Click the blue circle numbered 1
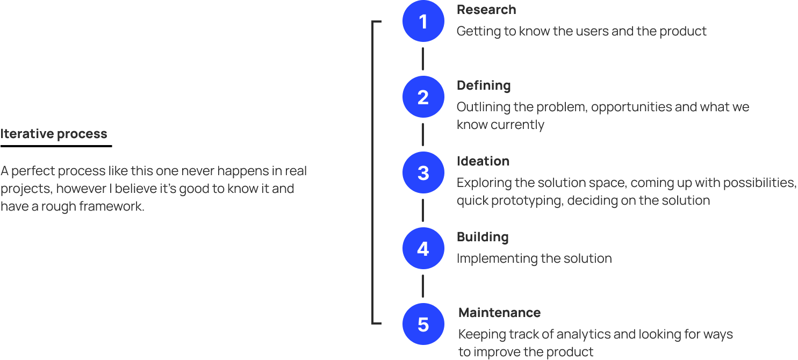pyautogui.click(x=423, y=21)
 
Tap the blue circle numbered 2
pyautogui.click(x=423, y=97)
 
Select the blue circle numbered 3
pyautogui.click(x=423, y=173)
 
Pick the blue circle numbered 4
pyautogui.click(x=423, y=249)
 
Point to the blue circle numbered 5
pyautogui.click(x=423, y=325)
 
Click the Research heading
pyautogui.click(x=486, y=10)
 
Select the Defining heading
pyautogui.click(x=484, y=85)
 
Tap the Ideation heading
pyautogui.click(x=483, y=161)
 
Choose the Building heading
pyautogui.click(x=482, y=237)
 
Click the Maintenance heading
pyautogui.click(x=499, y=313)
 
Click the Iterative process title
pyautogui.click(x=54, y=134)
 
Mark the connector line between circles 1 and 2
pyautogui.click(x=423, y=59)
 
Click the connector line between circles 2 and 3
pyautogui.click(x=423, y=135)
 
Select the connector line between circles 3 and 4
pyautogui.click(x=423, y=211)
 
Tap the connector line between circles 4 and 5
pyautogui.click(x=423, y=286)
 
